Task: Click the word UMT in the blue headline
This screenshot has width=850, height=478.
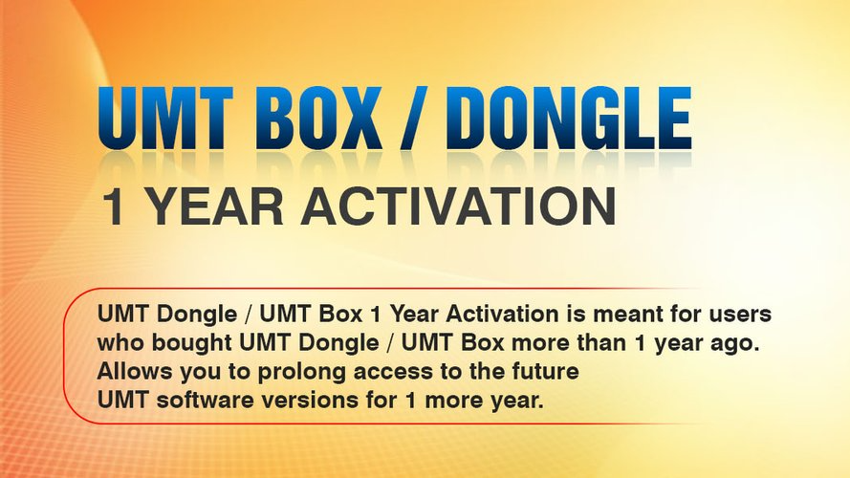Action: [x=165, y=119]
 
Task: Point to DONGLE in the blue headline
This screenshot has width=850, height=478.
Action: [x=570, y=119]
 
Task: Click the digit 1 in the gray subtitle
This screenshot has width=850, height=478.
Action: [x=113, y=206]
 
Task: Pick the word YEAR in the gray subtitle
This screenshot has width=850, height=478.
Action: [x=215, y=206]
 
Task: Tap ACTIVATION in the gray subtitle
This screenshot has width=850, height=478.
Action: [x=459, y=206]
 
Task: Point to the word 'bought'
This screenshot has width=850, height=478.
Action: [x=191, y=343]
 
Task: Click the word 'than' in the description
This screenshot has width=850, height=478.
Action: [x=602, y=342]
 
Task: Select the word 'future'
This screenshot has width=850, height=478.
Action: [x=545, y=372]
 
